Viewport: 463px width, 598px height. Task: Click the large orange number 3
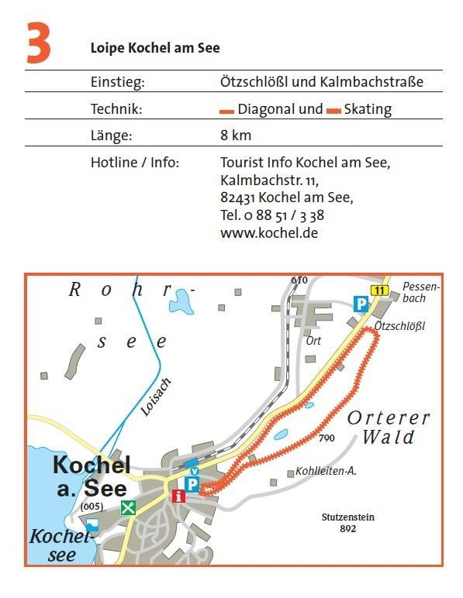pos(38,43)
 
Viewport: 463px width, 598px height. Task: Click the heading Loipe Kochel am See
pos(155,48)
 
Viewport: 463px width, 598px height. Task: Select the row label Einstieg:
pos(118,81)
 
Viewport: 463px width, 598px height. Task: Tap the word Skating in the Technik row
pos(368,109)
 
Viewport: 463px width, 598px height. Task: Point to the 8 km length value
pos(236,136)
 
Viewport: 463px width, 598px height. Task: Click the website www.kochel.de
pos(269,232)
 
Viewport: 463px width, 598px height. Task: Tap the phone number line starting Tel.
pos(272,215)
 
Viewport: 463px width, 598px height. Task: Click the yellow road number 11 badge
pos(378,290)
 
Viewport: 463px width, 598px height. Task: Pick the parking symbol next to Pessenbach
pos(361,304)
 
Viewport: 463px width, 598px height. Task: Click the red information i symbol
pos(179,496)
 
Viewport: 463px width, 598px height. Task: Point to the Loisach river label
pos(156,397)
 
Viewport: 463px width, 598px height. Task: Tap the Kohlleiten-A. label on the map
pos(326,470)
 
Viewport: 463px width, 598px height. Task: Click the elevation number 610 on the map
pos(299,280)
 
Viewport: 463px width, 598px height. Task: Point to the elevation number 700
pos(326,438)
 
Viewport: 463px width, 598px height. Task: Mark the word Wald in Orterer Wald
pos(389,438)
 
